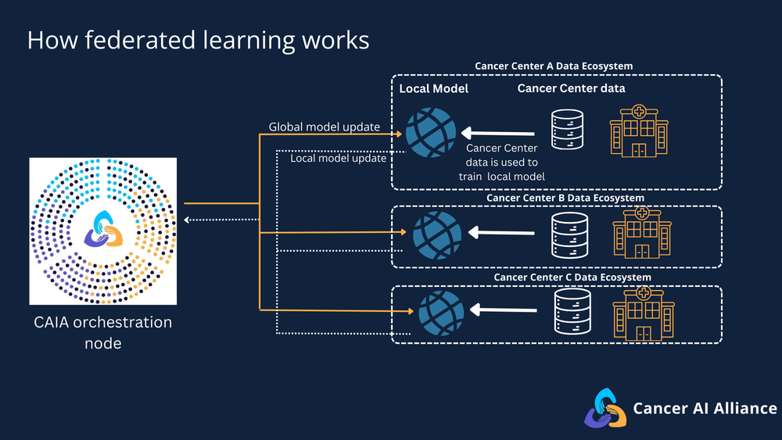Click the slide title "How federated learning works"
pos(198,41)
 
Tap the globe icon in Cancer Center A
pos(430,133)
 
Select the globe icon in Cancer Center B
pos(437,235)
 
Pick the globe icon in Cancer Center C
pos(441,313)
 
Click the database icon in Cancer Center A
pos(567,130)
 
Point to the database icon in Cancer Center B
pos(569,235)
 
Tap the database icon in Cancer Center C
pos(572,311)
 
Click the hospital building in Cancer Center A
pos(639,131)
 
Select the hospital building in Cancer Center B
pos(642,232)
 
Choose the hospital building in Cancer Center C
pos(644,313)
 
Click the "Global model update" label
pos(325,127)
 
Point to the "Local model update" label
pos(338,158)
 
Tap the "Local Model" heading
pos(433,88)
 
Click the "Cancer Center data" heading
pos(571,88)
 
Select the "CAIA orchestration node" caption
pos(102,332)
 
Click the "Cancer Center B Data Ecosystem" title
pos(565,198)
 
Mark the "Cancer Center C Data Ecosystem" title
pos(572,277)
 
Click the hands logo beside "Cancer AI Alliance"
pos(605,408)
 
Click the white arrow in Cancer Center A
pos(497,133)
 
